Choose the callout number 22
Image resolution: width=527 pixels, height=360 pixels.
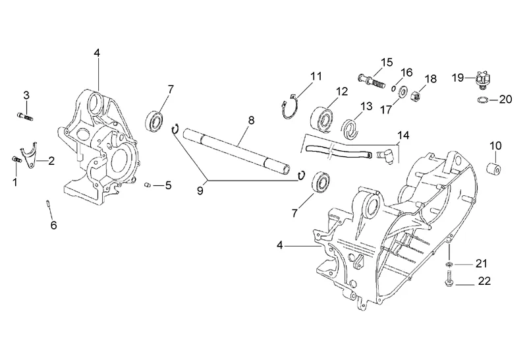coord(485,282)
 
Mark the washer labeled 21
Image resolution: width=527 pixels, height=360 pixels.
coord(448,265)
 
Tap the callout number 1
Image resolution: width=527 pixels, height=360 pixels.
coord(14,181)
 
